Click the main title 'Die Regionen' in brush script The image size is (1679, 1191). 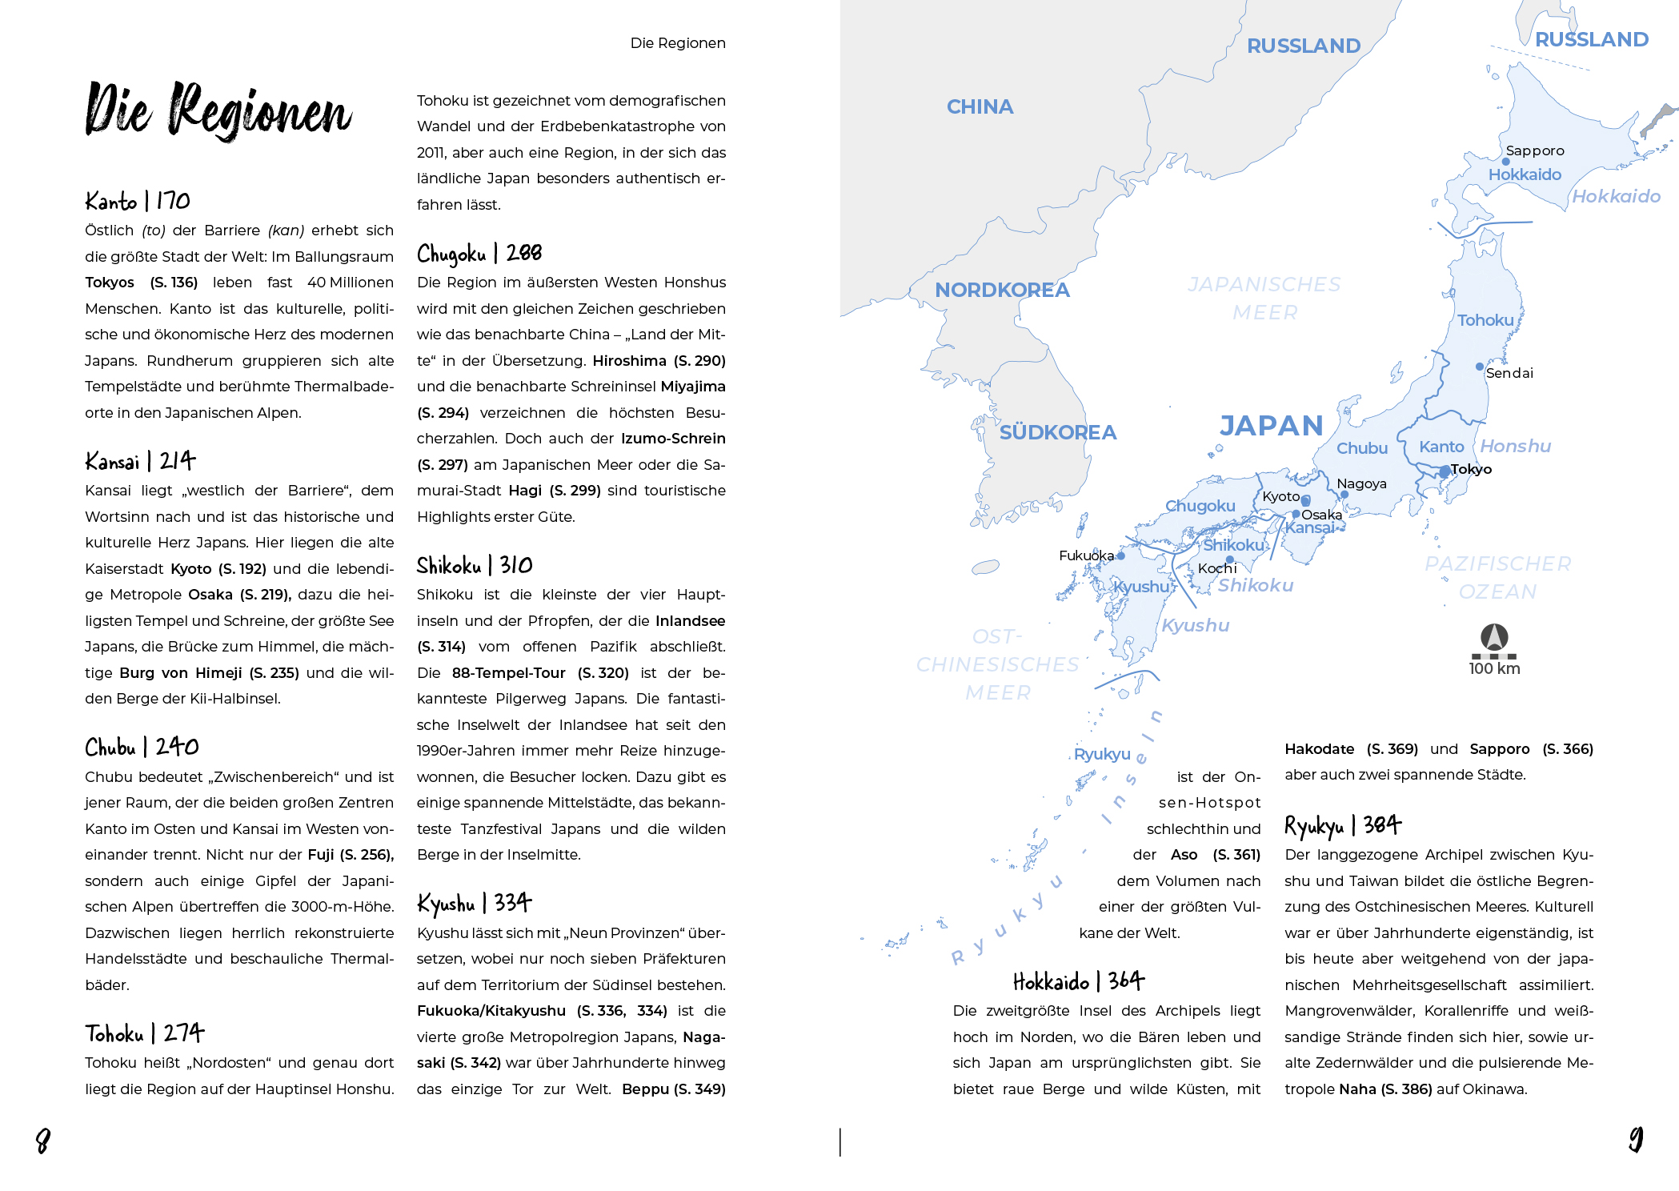(x=218, y=111)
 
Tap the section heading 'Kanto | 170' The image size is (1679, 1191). (x=138, y=200)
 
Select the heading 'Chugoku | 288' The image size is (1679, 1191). (x=479, y=254)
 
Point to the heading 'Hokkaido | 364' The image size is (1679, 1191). (x=1078, y=981)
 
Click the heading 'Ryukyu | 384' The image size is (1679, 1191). (x=1342, y=825)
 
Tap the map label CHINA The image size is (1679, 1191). (x=980, y=106)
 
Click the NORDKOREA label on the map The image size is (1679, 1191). (x=1002, y=290)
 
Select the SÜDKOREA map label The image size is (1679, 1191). (x=1057, y=432)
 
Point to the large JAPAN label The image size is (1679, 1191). (x=1271, y=425)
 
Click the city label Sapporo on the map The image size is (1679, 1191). (x=1534, y=150)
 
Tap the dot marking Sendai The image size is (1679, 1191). (x=1480, y=367)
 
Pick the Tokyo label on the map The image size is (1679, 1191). (x=1471, y=469)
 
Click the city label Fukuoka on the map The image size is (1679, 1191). (x=1086, y=555)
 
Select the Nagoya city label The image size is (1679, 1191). (x=1361, y=483)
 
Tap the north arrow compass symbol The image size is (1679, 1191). (x=1494, y=637)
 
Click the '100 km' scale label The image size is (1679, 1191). (x=1494, y=668)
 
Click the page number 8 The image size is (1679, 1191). (x=43, y=1141)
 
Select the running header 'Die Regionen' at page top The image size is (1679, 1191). (x=677, y=43)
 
